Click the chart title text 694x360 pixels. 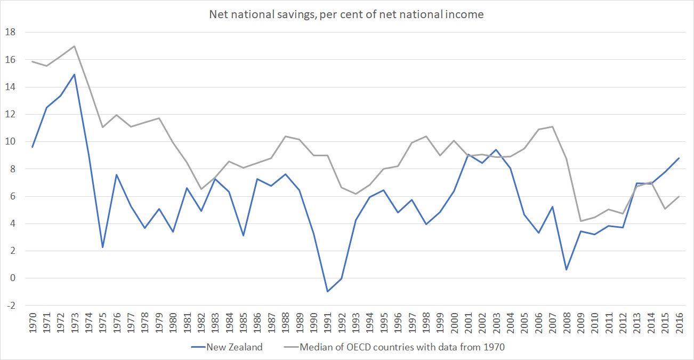[346, 14]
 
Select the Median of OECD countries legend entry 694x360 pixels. [402, 347]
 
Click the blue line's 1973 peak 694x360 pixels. [74, 74]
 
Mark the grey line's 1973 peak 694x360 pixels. [74, 46]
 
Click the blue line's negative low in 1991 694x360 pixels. [328, 291]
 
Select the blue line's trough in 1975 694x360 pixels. [102, 247]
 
